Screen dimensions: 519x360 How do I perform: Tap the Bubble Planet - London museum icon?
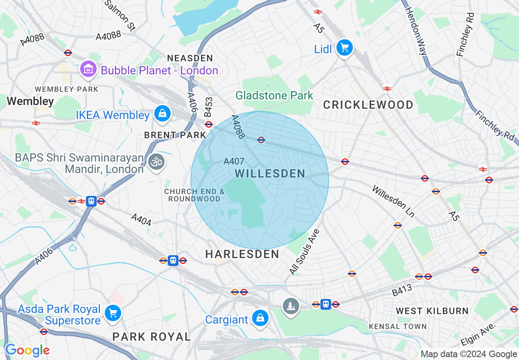[88, 70]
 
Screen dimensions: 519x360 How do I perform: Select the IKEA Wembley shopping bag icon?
[162, 114]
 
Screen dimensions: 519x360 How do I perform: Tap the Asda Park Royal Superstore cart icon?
[113, 313]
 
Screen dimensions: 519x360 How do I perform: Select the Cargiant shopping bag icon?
[260, 319]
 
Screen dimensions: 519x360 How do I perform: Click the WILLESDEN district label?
[270, 173]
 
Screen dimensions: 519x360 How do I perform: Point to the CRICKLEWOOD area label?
[368, 105]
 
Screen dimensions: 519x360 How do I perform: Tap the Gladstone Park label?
[274, 96]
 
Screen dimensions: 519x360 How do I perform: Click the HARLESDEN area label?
[242, 254]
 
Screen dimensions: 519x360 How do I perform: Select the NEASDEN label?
[190, 58]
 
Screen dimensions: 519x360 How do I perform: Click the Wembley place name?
[30, 101]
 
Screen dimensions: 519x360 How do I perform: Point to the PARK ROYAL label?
[151, 337]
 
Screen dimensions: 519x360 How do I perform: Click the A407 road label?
[234, 162]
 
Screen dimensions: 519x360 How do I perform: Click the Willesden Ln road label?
[393, 201]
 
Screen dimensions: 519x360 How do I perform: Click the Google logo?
[27, 350]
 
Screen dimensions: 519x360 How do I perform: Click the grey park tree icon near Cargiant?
[291, 306]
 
